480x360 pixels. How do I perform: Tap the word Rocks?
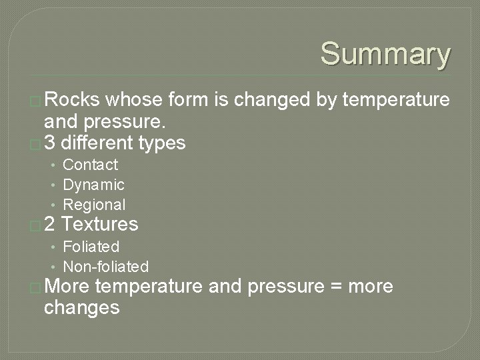click(x=72, y=100)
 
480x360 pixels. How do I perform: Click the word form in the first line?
click(x=189, y=100)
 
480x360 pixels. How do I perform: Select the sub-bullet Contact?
click(x=90, y=165)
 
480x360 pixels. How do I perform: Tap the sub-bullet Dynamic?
click(x=93, y=185)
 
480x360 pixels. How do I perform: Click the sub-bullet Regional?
click(x=94, y=205)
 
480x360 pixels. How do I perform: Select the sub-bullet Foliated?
click(x=91, y=247)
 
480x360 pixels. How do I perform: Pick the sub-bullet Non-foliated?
click(x=105, y=267)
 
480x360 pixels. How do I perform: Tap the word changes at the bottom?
click(x=81, y=308)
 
